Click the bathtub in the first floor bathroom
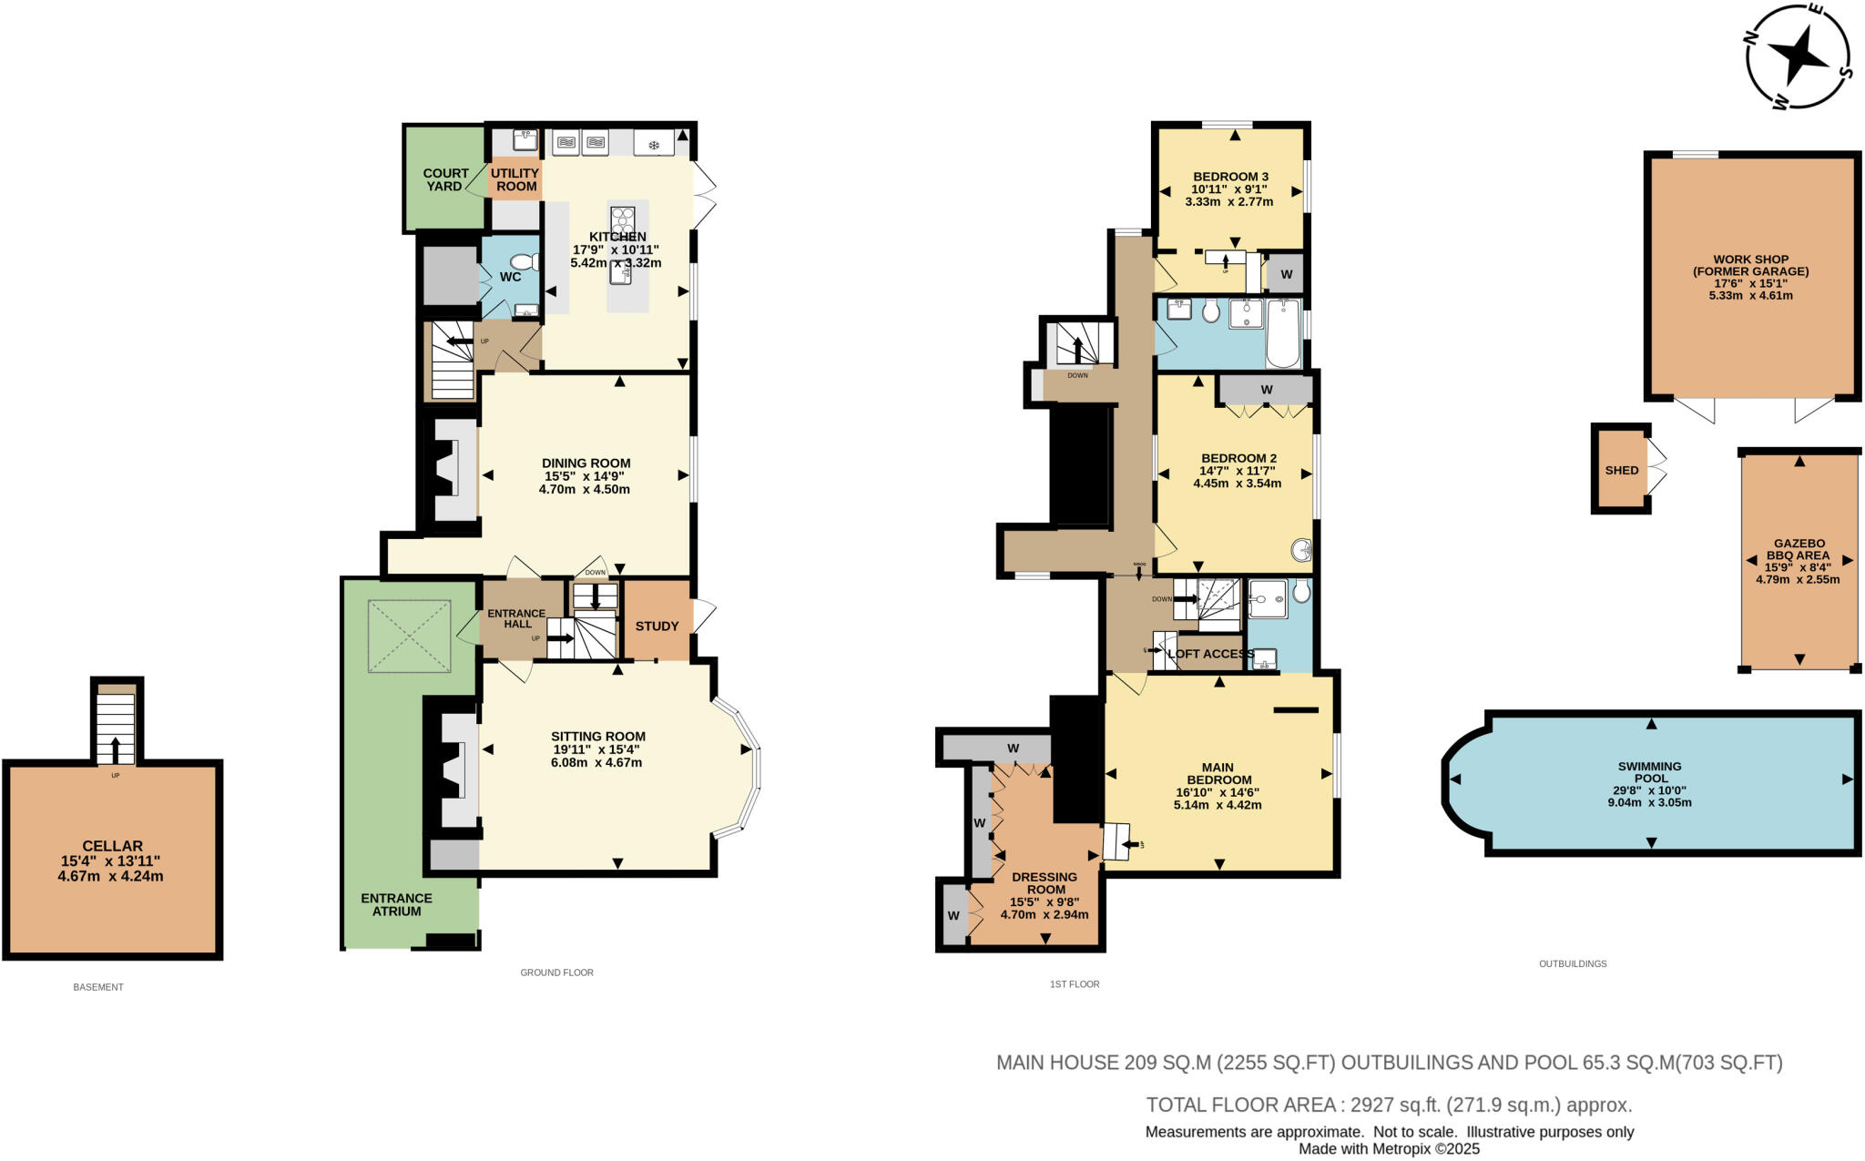click(1283, 333)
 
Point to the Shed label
click(1621, 470)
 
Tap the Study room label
click(657, 626)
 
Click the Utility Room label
click(515, 179)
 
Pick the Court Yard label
click(445, 179)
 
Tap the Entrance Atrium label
click(396, 904)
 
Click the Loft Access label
click(1210, 654)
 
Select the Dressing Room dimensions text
click(1044, 908)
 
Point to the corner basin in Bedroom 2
click(1301, 550)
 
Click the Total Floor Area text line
click(1389, 1105)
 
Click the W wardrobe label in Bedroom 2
click(1266, 390)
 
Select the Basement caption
click(98, 987)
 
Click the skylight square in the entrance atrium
click(410, 636)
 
